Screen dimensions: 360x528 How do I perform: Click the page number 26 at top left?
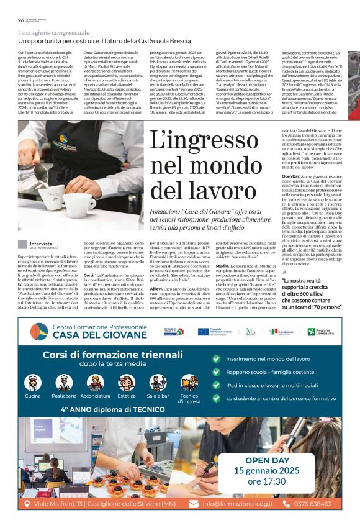pos(21,20)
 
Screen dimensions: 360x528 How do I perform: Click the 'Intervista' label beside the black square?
pos(41,244)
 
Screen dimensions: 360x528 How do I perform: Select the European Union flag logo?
pos(206,332)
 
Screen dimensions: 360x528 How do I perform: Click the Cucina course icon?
pos(33,383)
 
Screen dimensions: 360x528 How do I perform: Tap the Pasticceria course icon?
pos(64,383)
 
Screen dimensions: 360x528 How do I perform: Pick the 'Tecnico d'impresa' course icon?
pos(189,383)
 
